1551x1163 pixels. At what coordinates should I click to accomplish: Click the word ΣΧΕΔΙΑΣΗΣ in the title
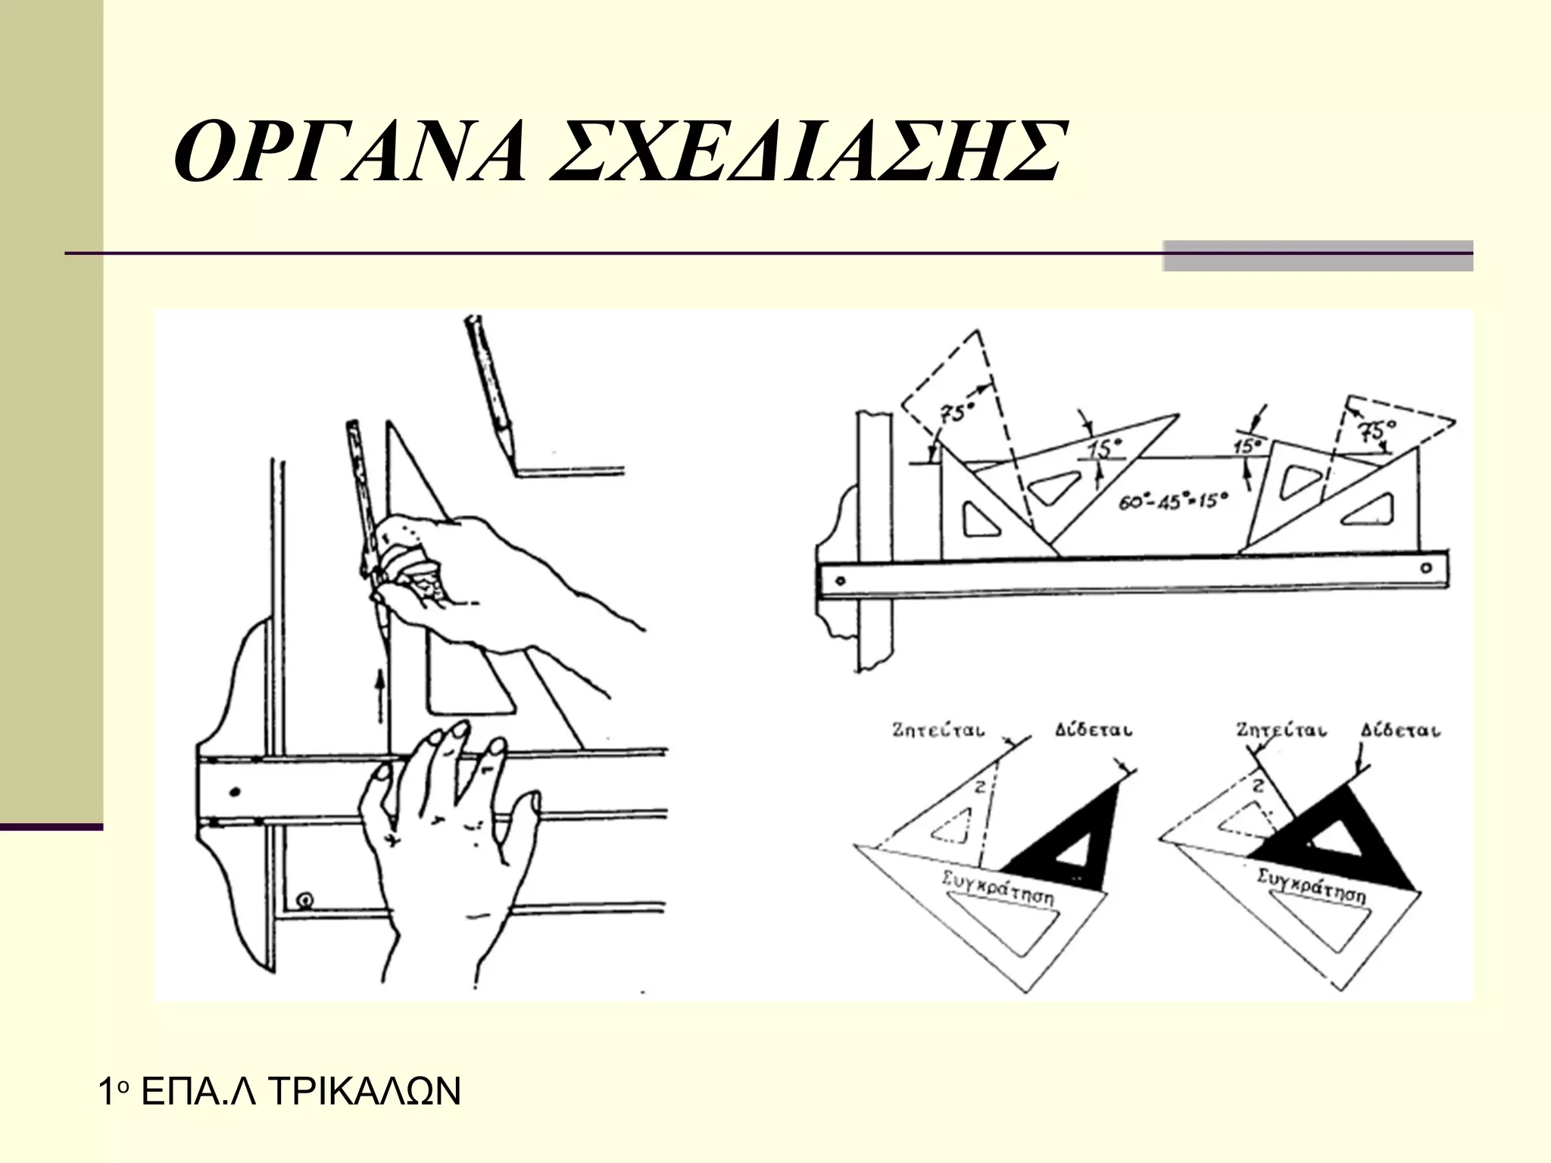(807, 151)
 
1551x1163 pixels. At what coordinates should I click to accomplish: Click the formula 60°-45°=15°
(1172, 500)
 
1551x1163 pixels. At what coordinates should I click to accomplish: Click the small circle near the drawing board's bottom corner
(306, 900)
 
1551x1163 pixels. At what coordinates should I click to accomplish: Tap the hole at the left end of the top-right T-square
(840, 581)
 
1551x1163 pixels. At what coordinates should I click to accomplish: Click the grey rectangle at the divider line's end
(1318, 255)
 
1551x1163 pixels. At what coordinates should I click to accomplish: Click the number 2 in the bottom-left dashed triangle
(978, 787)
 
